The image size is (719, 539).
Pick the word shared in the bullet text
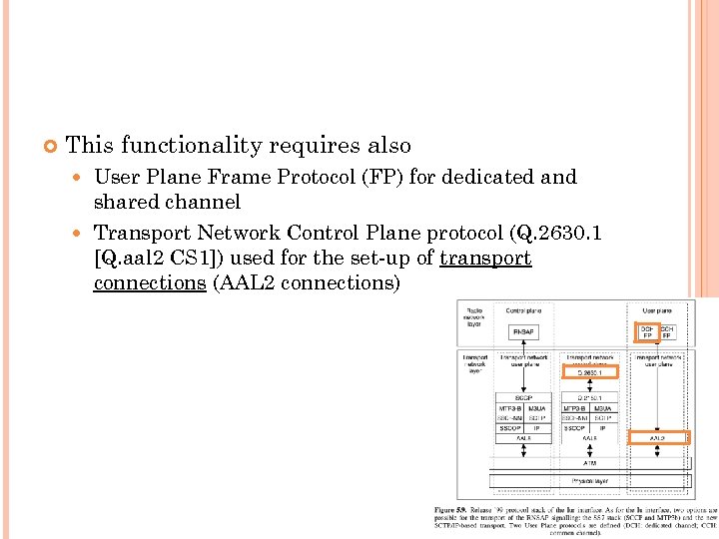pos(127,202)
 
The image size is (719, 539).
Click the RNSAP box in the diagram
pos(524,331)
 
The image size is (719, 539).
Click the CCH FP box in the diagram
pos(667,331)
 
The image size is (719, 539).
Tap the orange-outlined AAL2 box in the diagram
pos(659,437)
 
